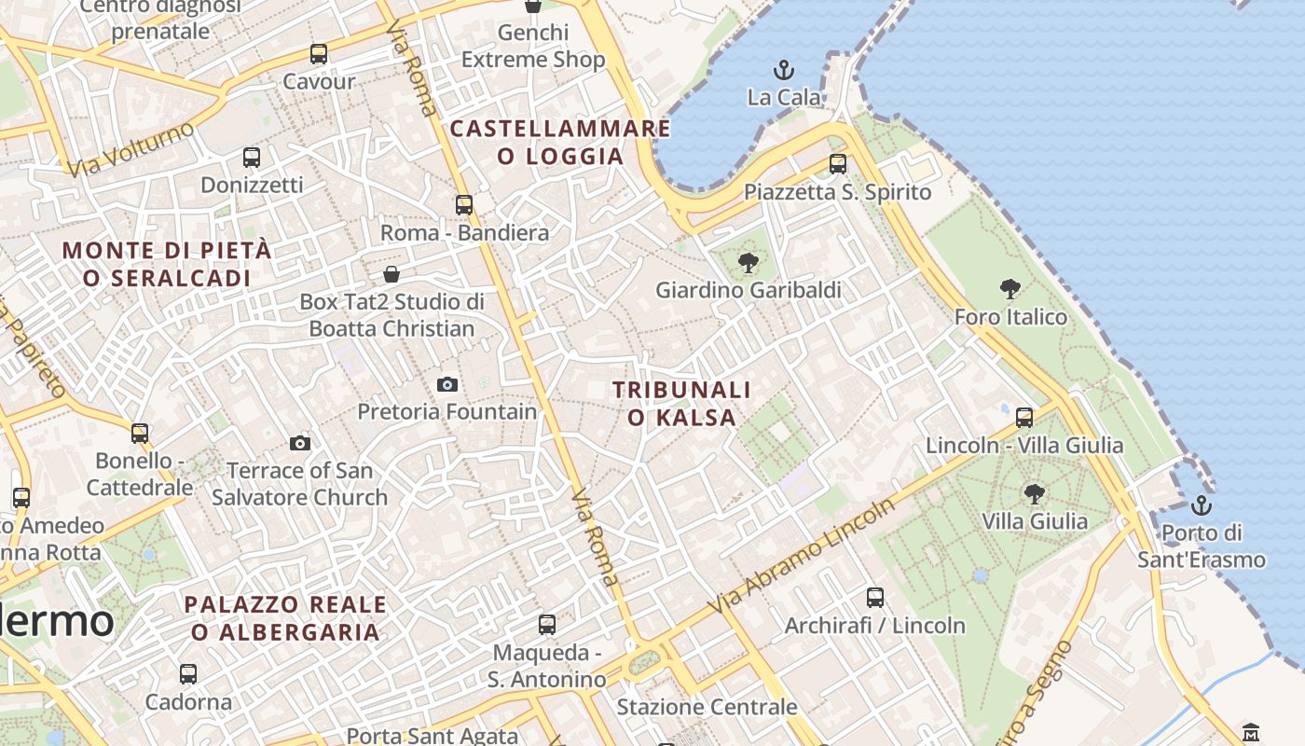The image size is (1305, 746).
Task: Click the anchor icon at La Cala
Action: pos(784,70)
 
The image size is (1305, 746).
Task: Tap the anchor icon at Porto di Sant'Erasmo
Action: pos(1202,506)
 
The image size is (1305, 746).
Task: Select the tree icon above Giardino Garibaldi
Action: pos(748,263)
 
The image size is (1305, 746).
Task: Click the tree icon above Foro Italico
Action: pos(1010,289)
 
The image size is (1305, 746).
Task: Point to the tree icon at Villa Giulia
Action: pos(1034,493)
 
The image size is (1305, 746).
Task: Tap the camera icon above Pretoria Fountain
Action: pos(447,384)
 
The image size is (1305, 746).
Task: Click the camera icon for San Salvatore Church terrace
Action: pos(299,443)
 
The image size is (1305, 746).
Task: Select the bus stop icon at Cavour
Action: pos(319,54)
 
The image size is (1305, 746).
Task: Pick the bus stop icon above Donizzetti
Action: pos(251,158)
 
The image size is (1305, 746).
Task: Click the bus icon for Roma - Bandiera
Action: pos(464,205)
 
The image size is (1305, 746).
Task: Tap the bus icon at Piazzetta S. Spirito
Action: pos(838,164)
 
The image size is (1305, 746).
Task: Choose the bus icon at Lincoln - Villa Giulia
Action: pos(1024,418)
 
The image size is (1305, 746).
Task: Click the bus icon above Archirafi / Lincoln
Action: pos(874,598)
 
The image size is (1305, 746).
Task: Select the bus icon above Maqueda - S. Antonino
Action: pos(547,625)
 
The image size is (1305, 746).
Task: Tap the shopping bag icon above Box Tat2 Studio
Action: pos(391,274)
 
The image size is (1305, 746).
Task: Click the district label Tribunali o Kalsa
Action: pos(681,403)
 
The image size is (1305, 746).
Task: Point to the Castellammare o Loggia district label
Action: pos(560,142)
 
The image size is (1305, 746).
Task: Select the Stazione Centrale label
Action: pos(707,707)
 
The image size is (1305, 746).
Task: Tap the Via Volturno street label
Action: pos(130,148)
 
